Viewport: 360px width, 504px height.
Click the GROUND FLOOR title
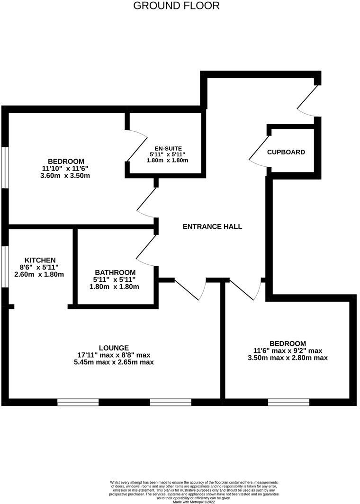tap(176, 6)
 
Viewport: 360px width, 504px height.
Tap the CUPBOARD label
tap(286, 152)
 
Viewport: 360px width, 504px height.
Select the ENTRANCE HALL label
tap(212, 226)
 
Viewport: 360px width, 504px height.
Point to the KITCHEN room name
tap(40, 260)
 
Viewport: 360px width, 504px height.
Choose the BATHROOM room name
tap(115, 272)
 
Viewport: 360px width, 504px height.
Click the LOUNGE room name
tap(114, 348)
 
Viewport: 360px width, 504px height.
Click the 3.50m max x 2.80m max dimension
tap(288, 358)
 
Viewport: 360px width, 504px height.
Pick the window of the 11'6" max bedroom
tap(288, 402)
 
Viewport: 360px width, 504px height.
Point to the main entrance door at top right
tap(308, 100)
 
